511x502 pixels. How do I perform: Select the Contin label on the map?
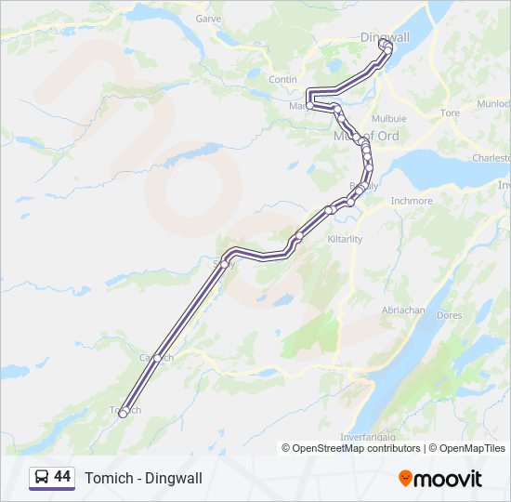coord(282,80)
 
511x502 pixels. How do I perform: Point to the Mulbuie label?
coord(388,119)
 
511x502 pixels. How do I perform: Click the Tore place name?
coord(450,112)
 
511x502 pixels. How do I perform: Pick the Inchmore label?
coord(411,201)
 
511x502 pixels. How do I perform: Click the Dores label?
coord(449,316)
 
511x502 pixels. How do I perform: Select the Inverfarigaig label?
coord(371,438)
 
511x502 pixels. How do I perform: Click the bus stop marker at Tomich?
coord(123,415)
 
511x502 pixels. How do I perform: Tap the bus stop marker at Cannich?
coord(157,358)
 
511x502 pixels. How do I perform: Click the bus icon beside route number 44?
coord(42,478)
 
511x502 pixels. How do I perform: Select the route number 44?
coord(62,477)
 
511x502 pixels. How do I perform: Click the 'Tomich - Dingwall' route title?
coord(143,478)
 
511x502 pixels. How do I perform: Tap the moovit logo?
coord(439,478)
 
